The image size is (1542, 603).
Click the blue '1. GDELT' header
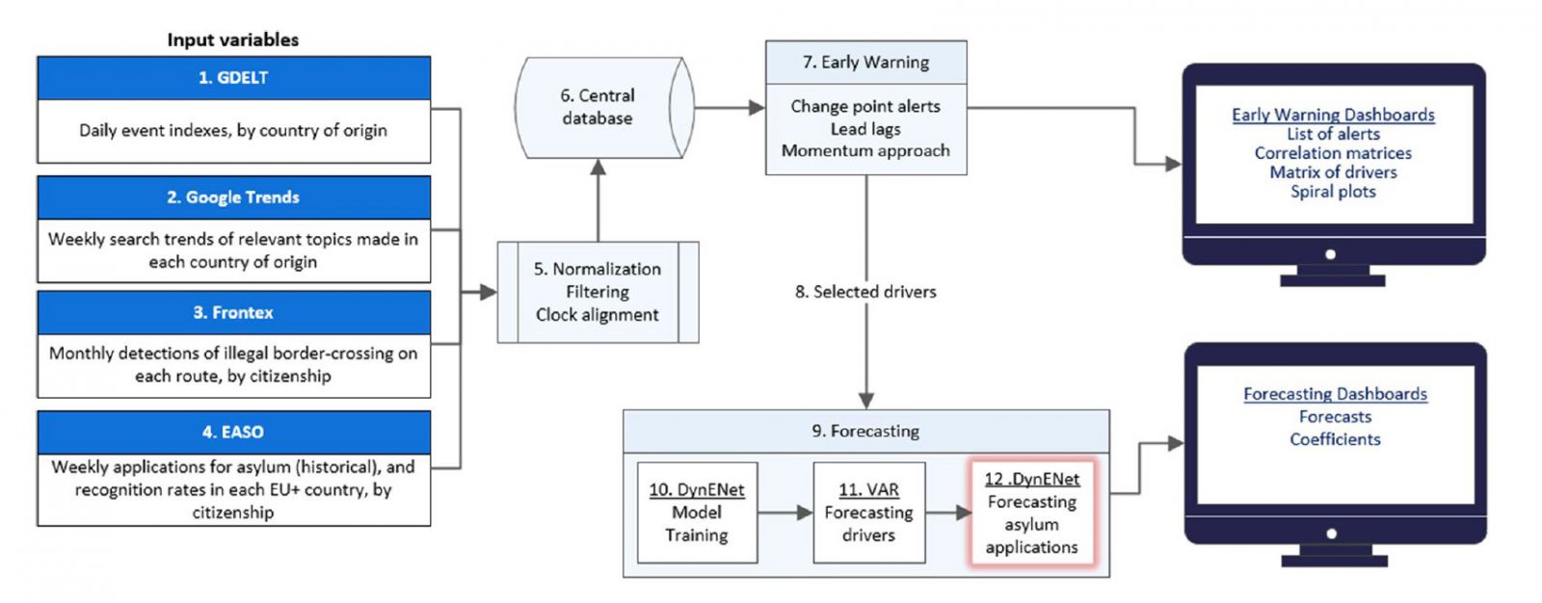(x=233, y=78)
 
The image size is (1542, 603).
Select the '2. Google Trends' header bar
(x=233, y=197)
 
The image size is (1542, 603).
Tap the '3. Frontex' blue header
(x=233, y=313)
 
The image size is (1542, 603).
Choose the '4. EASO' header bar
(x=233, y=433)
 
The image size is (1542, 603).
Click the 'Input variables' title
(x=233, y=39)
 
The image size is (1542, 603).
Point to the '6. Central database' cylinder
(x=598, y=108)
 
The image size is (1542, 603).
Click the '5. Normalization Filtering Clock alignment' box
(x=598, y=292)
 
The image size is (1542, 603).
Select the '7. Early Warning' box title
(x=865, y=63)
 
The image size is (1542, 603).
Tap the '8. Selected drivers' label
(x=865, y=292)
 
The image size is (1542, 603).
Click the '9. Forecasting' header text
(x=865, y=432)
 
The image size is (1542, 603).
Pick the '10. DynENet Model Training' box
(x=697, y=512)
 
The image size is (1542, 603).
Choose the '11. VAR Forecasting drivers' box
(x=868, y=512)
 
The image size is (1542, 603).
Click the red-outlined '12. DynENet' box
(x=1031, y=512)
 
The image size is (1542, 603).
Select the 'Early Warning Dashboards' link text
(x=1333, y=115)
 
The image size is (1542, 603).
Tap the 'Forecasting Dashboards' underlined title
(x=1335, y=394)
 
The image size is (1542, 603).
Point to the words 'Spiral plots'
(x=1333, y=192)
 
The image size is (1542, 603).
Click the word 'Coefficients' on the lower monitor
(x=1335, y=439)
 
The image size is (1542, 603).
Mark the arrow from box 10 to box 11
(x=784, y=512)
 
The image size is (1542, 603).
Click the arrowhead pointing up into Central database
(x=598, y=168)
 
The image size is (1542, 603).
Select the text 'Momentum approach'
(x=865, y=150)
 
